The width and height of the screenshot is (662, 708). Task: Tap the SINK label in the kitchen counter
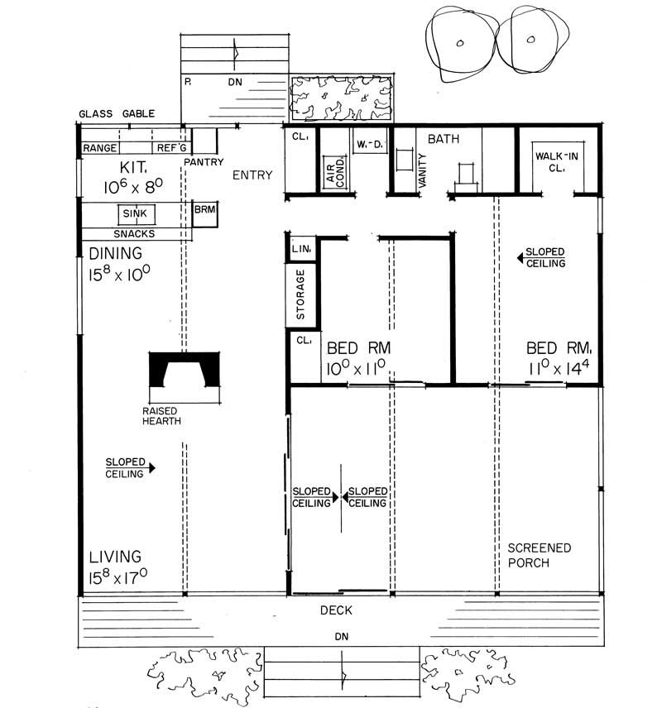[x=135, y=213]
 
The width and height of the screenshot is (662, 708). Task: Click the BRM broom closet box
[x=204, y=211]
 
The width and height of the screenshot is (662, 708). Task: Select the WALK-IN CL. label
[x=555, y=160]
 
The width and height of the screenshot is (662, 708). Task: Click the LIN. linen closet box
[x=300, y=248]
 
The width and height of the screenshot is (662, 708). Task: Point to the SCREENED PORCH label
[x=540, y=555]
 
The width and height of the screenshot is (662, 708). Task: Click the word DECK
[x=337, y=610]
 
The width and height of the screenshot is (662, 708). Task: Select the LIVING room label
[x=115, y=557]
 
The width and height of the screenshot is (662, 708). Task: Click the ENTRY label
[x=252, y=175]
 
